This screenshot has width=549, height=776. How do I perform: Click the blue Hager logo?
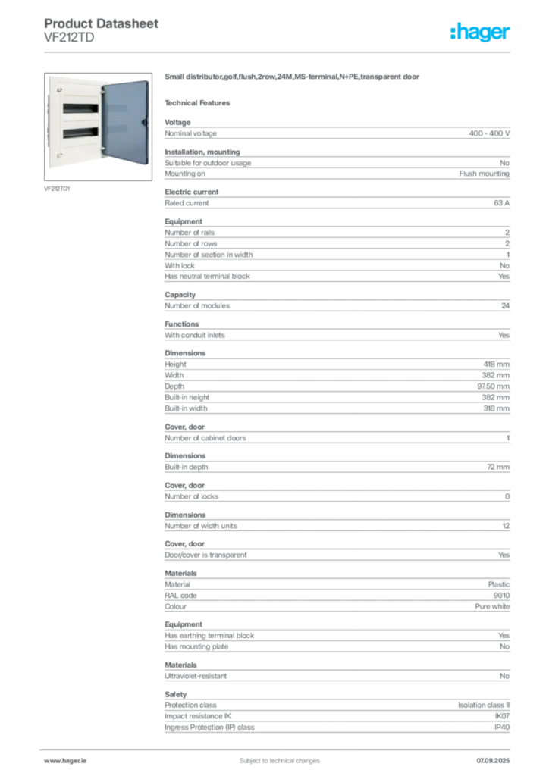(x=482, y=33)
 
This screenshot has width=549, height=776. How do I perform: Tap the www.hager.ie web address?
(x=64, y=759)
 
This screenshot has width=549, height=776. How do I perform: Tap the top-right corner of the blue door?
(x=149, y=77)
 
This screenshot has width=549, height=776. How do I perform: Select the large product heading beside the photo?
(x=293, y=77)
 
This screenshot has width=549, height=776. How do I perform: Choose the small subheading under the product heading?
(x=200, y=102)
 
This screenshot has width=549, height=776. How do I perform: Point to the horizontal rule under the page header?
(x=279, y=52)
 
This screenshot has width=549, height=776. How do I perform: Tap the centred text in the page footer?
(x=270, y=755)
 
